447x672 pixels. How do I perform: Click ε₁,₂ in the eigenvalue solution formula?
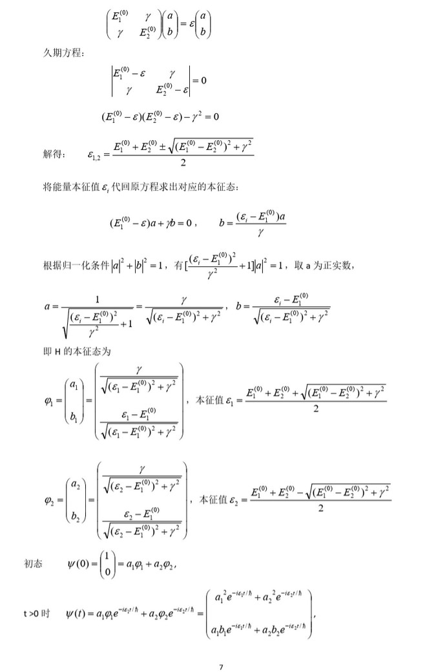coord(93,154)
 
